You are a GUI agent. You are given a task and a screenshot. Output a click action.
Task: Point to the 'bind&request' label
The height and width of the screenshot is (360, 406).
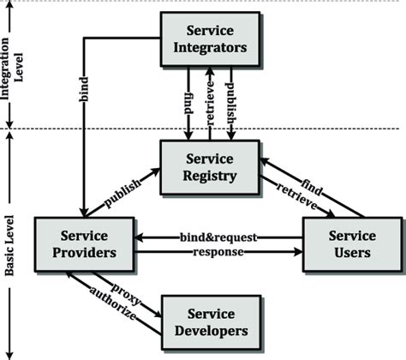tap(218, 236)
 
